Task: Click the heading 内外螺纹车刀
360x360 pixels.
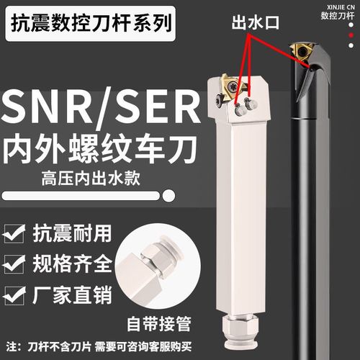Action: (101, 154)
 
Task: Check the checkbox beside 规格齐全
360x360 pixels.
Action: (14, 264)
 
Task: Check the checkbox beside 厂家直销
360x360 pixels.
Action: (14, 294)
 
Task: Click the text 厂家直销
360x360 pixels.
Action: (69, 294)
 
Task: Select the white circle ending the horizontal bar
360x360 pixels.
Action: (169, 195)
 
